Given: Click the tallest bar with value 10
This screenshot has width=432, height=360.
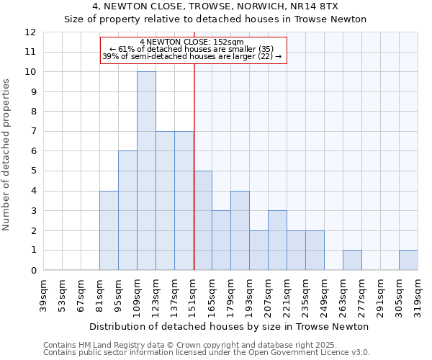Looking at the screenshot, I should pos(146,171).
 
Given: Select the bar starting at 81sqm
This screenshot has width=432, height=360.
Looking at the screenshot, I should pos(109,230).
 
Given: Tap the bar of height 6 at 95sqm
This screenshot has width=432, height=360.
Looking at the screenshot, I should pos(127,210).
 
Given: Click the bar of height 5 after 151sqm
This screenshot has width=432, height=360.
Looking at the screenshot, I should pos(202,220).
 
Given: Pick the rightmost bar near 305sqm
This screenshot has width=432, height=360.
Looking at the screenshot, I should pos(408,260).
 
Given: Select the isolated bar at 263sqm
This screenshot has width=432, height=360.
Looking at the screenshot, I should pos(352,260).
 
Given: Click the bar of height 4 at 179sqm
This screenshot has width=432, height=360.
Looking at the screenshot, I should pos(240,230).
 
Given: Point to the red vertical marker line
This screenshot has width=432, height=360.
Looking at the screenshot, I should pos(194,180).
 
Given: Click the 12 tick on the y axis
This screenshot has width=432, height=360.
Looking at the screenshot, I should pos(30,32).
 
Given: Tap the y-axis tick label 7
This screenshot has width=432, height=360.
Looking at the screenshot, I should pos(32,132).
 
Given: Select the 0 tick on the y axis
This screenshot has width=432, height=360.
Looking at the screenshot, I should pos(32,271).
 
